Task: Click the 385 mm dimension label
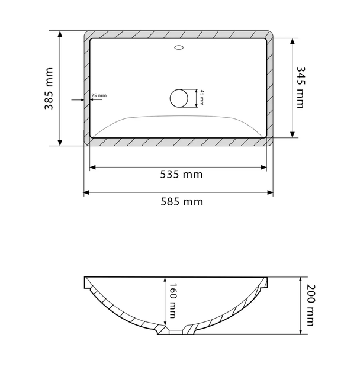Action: tap(49, 88)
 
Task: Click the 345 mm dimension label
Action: tap(300, 88)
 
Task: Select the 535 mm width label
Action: tap(181, 175)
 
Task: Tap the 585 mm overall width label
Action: tap(182, 202)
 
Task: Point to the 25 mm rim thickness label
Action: tap(99, 95)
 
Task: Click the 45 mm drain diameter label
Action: tap(202, 98)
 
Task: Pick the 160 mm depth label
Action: tap(172, 300)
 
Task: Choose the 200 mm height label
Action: tap(310, 305)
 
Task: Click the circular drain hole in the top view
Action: tap(179, 98)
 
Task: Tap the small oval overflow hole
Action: tap(179, 47)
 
